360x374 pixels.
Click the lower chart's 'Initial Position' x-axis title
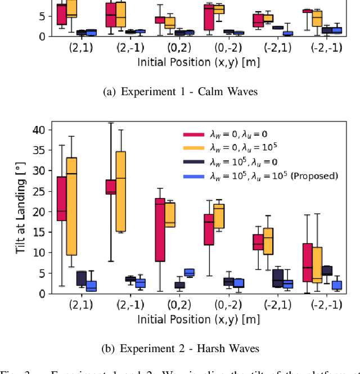[199, 319]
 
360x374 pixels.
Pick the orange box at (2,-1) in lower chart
[120, 191]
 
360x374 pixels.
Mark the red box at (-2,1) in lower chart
[258, 242]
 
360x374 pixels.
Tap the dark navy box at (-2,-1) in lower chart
[327, 271]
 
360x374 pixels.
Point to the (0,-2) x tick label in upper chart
[229, 48]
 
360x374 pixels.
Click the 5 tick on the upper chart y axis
[43, 17]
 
